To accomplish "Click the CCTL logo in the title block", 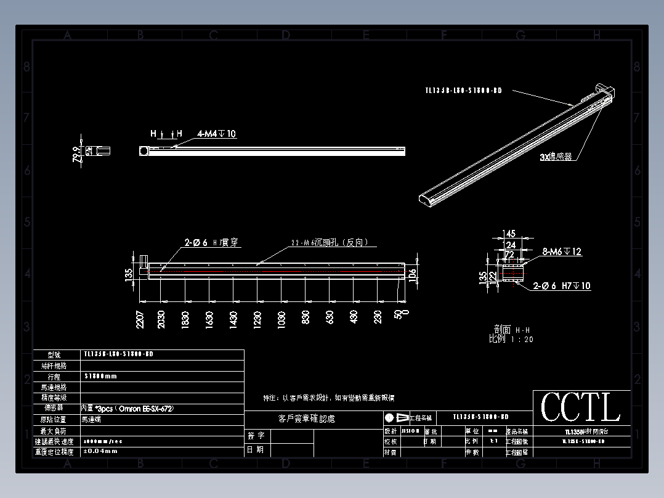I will (581, 407).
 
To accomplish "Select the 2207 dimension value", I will (140, 318).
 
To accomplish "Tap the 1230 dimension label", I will (257, 319).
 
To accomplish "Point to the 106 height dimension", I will (413, 271).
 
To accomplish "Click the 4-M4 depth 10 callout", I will (217, 134).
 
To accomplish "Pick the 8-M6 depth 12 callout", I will (562, 251).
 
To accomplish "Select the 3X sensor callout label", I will (556, 157).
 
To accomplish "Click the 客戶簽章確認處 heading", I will (306, 419).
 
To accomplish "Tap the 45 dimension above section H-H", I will (510, 234).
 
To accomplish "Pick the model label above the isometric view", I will (463, 91).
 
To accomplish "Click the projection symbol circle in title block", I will (389, 417).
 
